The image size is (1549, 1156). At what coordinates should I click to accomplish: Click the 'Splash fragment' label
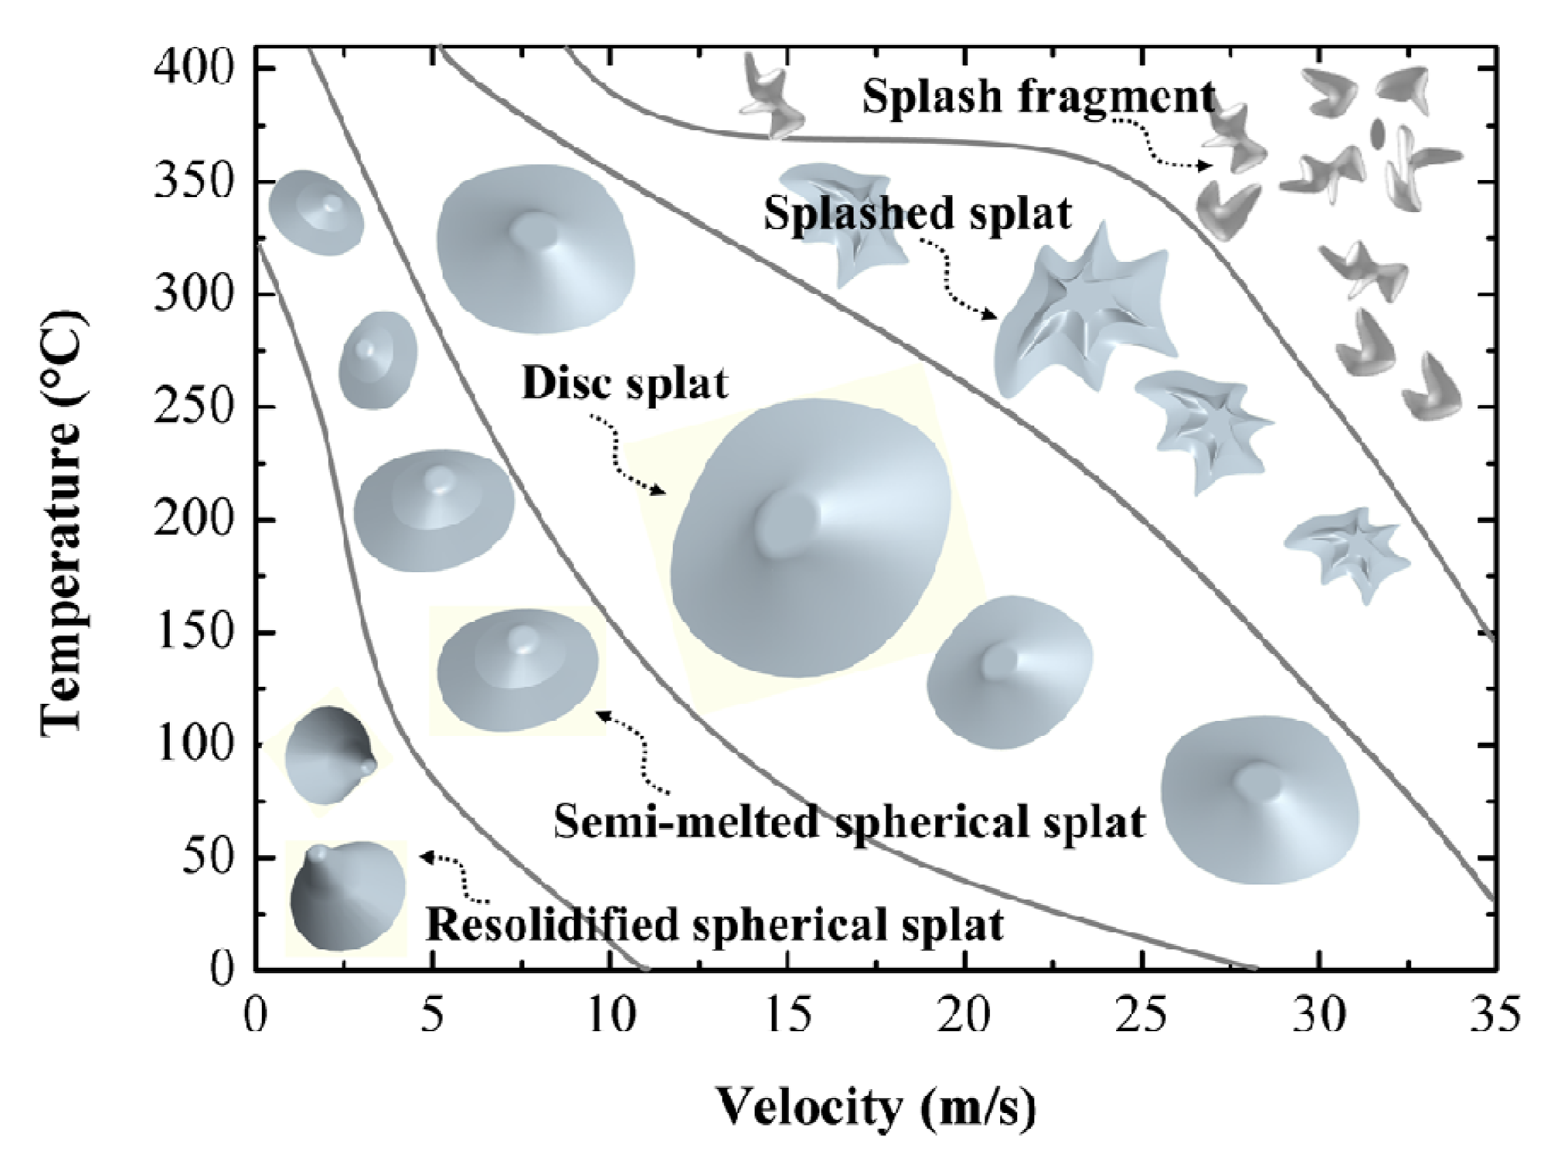tap(1038, 97)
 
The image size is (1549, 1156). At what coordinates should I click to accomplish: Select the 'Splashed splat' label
tap(917, 213)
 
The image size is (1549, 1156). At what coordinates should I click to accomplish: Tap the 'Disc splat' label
tap(625, 383)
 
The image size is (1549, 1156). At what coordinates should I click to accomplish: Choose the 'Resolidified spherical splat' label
tap(714, 925)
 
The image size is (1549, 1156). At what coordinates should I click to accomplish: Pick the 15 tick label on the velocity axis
tap(789, 1014)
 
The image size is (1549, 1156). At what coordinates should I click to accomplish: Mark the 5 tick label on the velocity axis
tap(434, 1014)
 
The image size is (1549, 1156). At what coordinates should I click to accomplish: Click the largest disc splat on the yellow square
tap(810, 537)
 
